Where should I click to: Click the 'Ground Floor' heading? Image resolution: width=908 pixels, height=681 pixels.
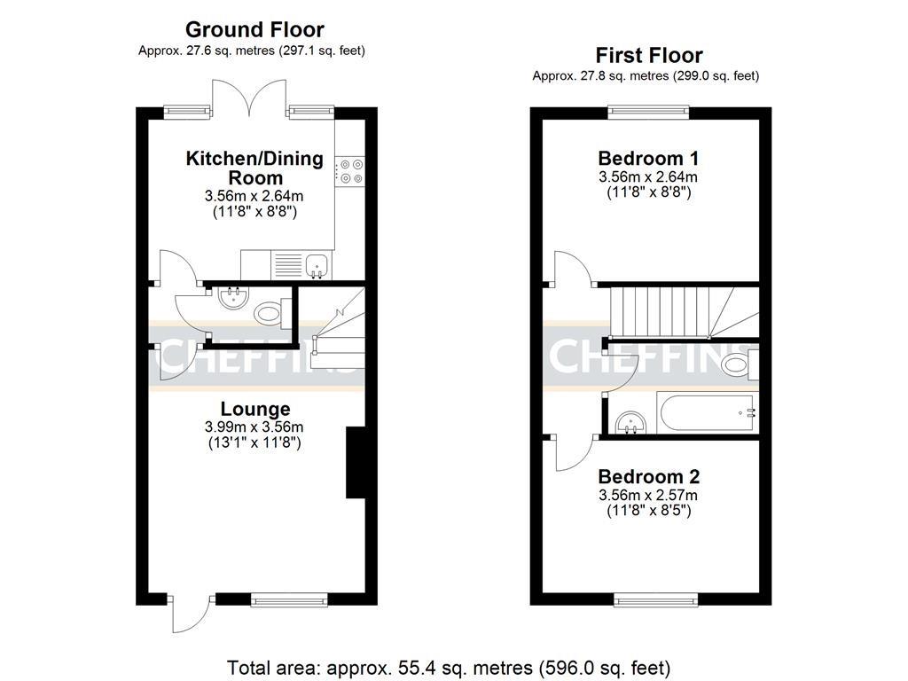[x=254, y=30]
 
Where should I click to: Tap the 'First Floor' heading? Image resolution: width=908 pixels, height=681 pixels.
[x=648, y=55]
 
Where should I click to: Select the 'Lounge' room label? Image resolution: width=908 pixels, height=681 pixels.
[x=255, y=409]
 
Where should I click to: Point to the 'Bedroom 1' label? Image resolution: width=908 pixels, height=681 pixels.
[x=648, y=159]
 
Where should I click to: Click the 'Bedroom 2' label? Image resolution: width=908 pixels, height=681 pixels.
[x=648, y=476]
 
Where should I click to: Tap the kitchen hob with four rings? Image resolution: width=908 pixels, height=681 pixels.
[x=350, y=170]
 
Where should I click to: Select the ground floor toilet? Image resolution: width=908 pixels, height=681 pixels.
[x=269, y=312]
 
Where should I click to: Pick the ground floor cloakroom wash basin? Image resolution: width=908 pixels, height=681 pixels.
[x=232, y=296]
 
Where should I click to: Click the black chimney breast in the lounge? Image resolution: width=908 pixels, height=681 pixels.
[x=355, y=463]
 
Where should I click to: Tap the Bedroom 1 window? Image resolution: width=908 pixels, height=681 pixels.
[x=648, y=112]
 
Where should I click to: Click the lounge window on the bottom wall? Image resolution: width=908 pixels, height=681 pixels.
[x=289, y=600]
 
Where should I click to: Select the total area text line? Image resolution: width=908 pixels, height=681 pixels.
[x=449, y=667]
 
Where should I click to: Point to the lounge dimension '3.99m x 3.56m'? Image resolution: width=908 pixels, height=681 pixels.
[x=255, y=427]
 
